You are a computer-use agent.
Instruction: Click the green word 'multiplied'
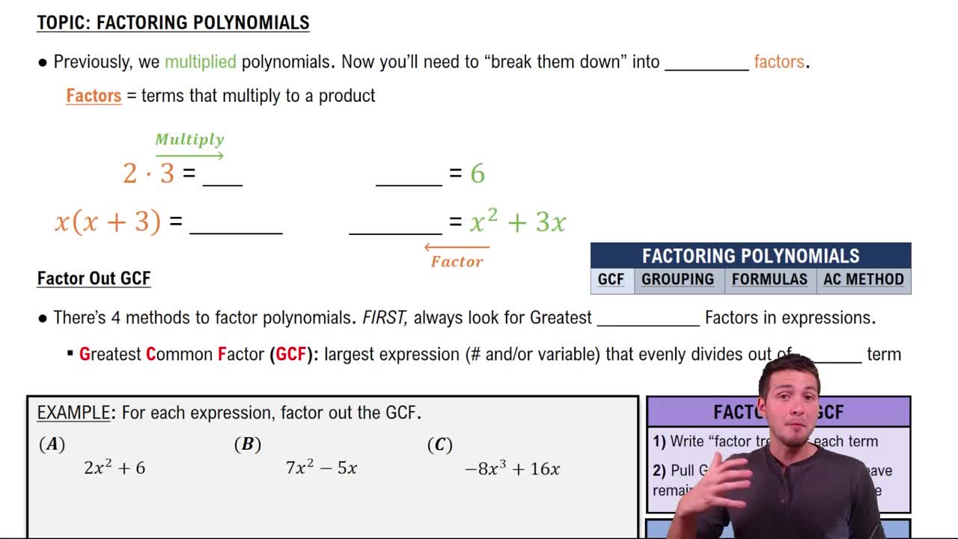click(200, 61)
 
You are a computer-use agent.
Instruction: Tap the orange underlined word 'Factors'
click(94, 96)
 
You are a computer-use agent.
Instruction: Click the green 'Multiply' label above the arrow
click(189, 139)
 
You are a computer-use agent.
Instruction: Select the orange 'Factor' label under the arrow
click(457, 261)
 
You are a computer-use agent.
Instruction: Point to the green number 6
click(478, 174)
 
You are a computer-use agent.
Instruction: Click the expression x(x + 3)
click(108, 222)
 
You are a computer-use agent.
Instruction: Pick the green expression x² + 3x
click(518, 222)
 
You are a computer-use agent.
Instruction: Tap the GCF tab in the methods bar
click(611, 279)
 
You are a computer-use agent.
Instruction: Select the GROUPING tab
click(677, 279)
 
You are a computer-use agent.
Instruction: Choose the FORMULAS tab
click(769, 279)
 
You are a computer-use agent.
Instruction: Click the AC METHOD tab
click(864, 279)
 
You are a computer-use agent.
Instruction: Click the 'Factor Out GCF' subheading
click(94, 278)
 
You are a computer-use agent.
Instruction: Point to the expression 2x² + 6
click(115, 468)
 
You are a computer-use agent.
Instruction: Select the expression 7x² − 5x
click(321, 468)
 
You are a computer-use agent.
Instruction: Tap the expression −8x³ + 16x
click(512, 469)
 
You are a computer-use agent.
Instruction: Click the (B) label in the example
click(247, 444)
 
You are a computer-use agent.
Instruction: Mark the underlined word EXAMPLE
click(73, 412)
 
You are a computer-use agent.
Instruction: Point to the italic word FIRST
click(385, 317)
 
